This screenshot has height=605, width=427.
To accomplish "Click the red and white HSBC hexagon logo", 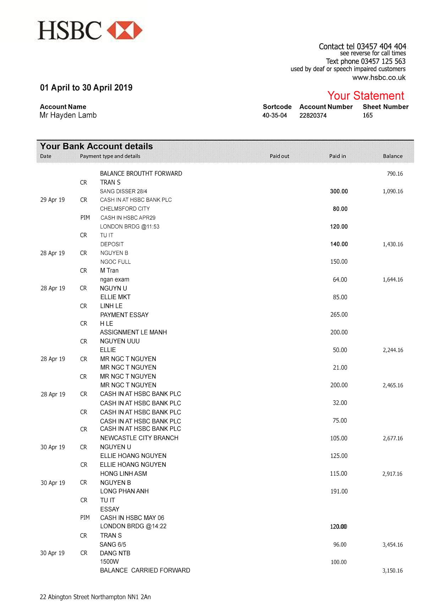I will coord(125,30).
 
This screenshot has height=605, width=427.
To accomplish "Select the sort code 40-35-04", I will coord(274,116).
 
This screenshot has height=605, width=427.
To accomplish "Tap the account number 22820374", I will coord(313,116).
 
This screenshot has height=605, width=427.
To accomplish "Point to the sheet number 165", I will coord(368,116).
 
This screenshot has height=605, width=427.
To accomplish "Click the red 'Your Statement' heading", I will coord(366,96).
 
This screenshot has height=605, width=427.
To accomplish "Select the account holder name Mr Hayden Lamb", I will coord(68,115).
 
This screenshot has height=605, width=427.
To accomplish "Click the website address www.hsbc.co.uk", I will coord(379,78).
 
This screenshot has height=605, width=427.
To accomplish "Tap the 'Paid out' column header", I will coord(279,156).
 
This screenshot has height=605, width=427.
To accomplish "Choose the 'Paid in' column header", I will coord(337,156).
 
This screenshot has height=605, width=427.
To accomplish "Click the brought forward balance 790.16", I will coord(395,174).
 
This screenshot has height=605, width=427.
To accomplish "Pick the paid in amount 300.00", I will coord(339,191).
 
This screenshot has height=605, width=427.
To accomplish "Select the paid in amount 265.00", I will coord(339,315).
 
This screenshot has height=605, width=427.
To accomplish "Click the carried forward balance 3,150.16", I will coord(393,571).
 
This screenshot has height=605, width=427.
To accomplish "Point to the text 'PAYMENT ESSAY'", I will coord(124,315).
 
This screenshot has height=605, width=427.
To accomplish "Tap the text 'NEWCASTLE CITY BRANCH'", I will coord(139,438).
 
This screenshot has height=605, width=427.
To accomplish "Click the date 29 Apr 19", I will coord(53,200).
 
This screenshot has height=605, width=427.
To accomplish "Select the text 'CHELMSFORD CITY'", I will coord(125,209).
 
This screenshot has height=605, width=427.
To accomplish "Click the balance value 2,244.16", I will coord(393,350).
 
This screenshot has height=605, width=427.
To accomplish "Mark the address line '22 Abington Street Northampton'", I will coord(95,597).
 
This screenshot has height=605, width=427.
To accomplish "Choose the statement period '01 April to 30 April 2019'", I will coord(86,88).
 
